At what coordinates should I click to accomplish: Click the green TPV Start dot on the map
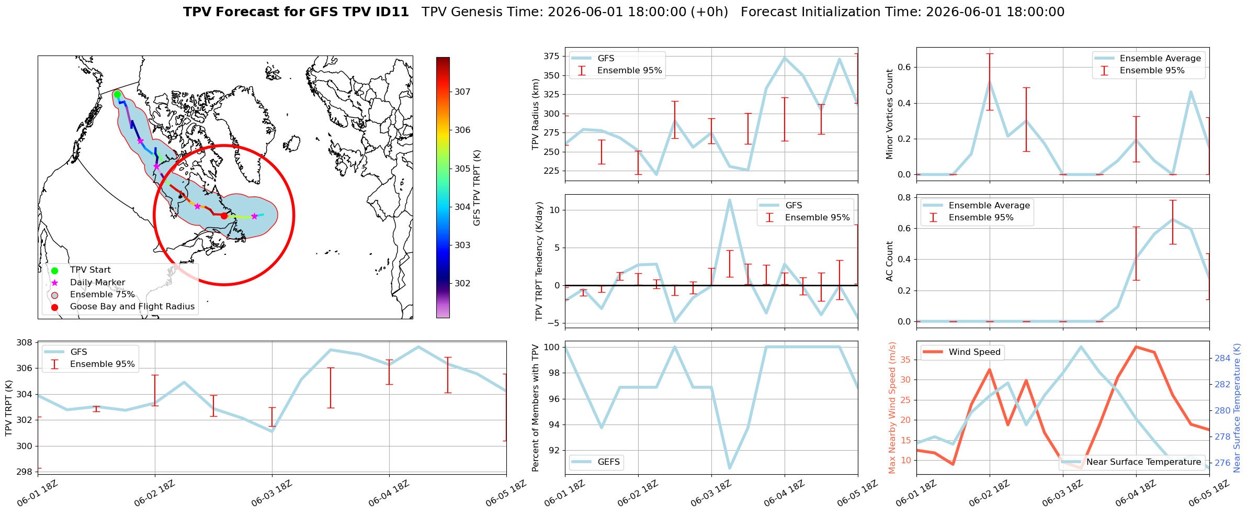pyautogui.click(x=117, y=94)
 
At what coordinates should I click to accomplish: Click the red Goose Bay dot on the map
pyautogui.click(x=224, y=216)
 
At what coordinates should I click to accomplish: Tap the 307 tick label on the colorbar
pyautogui.click(x=462, y=92)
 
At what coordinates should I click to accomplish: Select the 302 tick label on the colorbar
pyautogui.click(x=462, y=284)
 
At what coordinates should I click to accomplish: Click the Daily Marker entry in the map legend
pyautogui.click(x=97, y=283)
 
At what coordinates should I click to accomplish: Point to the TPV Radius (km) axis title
pyautogui.click(x=535, y=114)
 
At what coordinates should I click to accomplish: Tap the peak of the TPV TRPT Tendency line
pyautogui.click(x=729, y=199)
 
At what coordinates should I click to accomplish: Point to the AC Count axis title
pyautogui.click(x=889, y=261)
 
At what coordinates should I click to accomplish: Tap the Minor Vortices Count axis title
pyautogui.click(x=889, y=114)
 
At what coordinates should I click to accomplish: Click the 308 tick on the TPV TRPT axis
pyautogui.click(x=25, y=343)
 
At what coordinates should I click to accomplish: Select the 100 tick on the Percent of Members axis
pyautogui.click(x=552, y=347)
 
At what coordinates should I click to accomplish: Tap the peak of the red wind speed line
pyautogui.click(x=1136, y=347)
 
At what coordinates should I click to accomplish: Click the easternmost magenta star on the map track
pyautogui.click(x=254, y=216)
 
